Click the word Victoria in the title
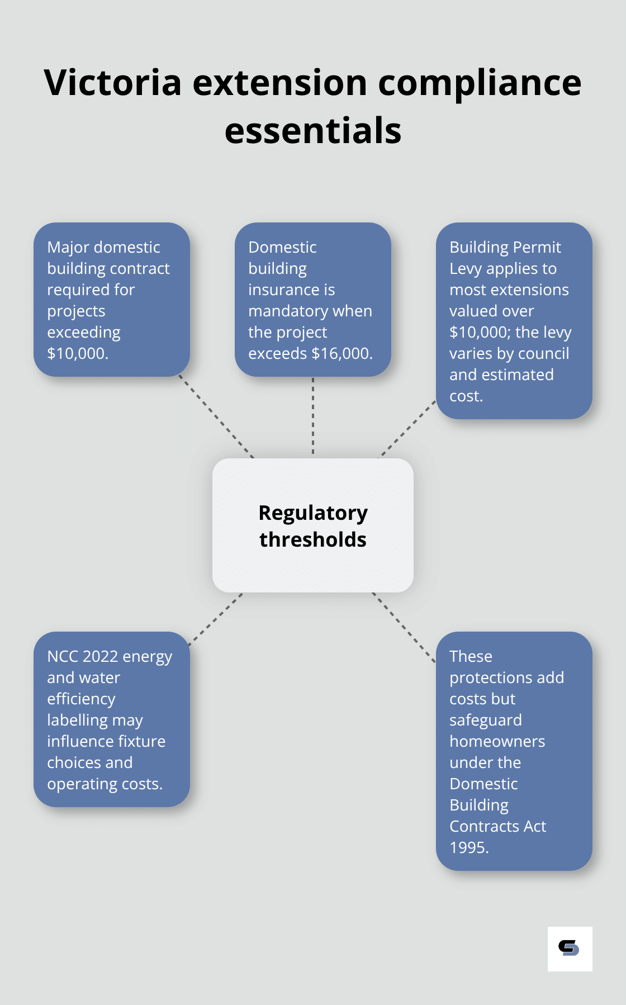click(x=112, y=83)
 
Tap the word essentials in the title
click(x=313, y=131)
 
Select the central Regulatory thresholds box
click(x=313, y=525)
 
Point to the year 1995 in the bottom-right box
click(x=468, y=847)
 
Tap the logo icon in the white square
click(x=569, y=949)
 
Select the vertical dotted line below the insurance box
click(x=313, y=416)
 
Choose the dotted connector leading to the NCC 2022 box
click(x=216, y=619)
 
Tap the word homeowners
click(x=497, y=741)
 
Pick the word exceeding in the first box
click(x=84, y=333)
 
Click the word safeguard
click(x=485, y=720)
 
